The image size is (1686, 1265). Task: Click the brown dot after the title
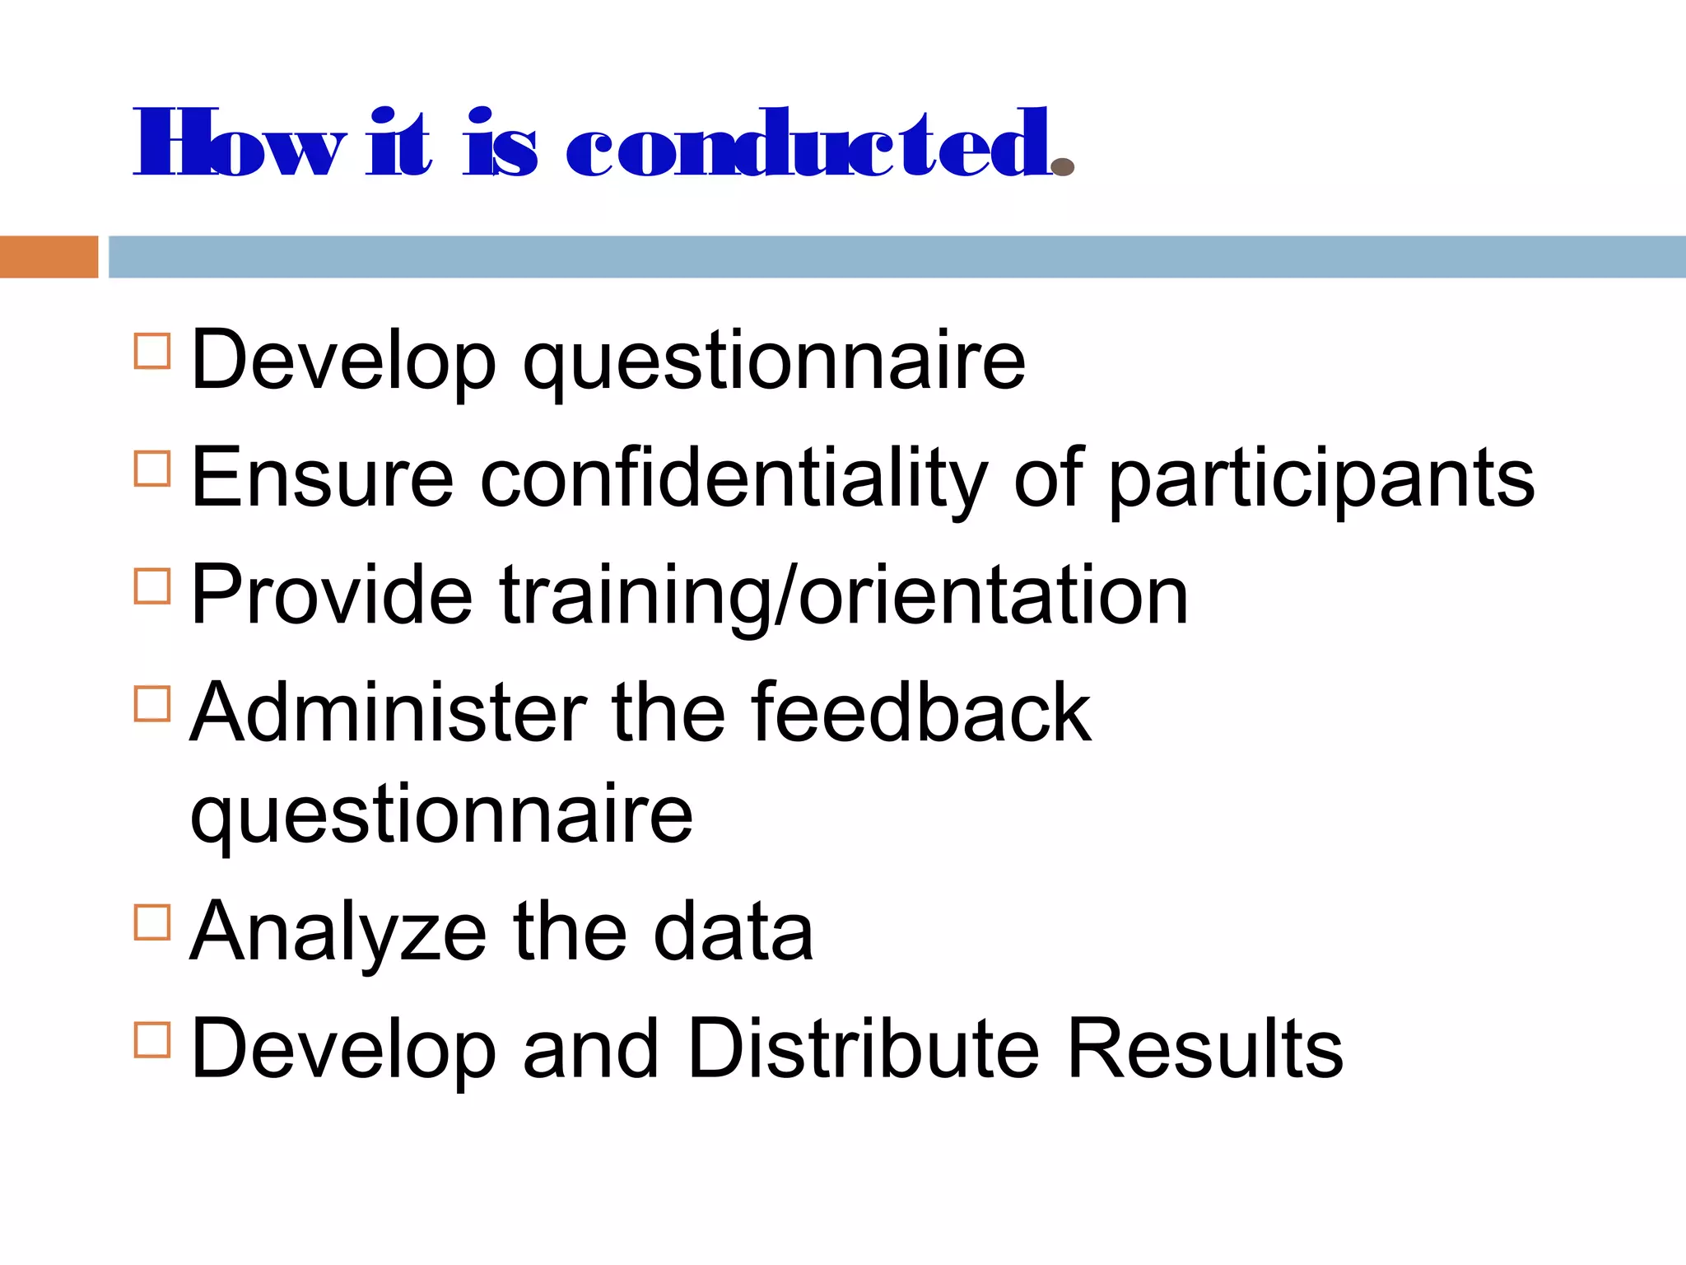[1063, 167]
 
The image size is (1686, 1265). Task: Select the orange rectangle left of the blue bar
[49, 257]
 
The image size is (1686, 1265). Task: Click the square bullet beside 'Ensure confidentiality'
[152, 469]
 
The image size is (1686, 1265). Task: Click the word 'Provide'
[332, 595]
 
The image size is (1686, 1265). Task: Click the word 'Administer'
[388, 713]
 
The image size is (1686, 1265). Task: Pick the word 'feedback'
[920, 713]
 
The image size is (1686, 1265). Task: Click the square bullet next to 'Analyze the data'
[152, 922]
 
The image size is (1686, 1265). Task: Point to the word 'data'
[733, 932]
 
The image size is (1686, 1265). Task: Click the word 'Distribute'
[863, 1049]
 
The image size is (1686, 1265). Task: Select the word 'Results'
[1204, 1049]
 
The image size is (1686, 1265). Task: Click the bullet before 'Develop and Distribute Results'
[152, 1039]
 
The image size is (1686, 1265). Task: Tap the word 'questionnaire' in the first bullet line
[774, 362]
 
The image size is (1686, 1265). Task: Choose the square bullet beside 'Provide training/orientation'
[152, 586]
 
